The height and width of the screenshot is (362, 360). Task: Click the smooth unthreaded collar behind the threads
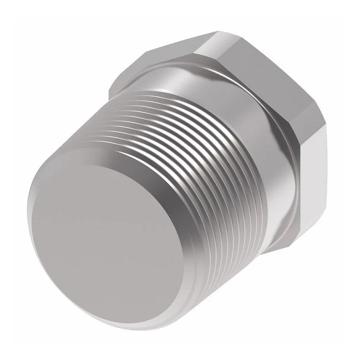tap(266, 166)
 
